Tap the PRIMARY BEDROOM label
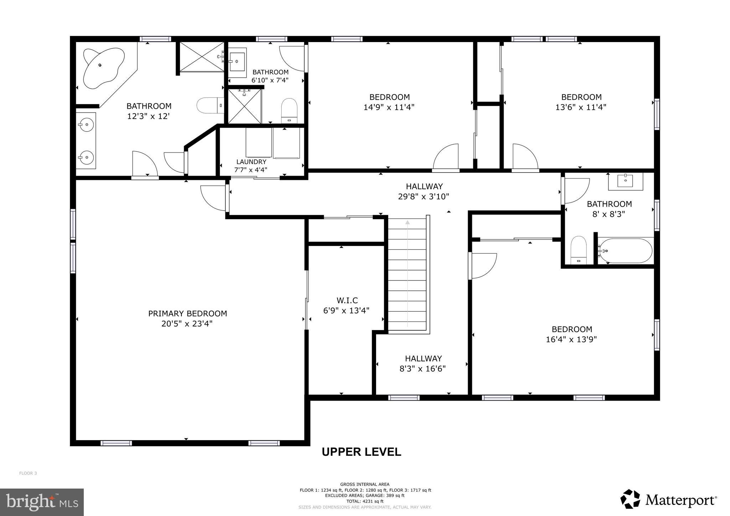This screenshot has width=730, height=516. point(187,314)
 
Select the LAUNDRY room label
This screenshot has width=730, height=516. point(251,162)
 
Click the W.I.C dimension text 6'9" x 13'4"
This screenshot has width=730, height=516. point(346,310)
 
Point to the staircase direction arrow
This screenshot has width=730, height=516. point(407,222)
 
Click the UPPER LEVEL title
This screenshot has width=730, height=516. point(361,452)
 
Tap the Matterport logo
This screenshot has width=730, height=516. point(668,500)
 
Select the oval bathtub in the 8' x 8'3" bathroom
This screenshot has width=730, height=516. point(626,251)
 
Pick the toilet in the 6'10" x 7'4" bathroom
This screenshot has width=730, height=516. point(289,110)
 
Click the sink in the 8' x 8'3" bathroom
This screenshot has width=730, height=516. point(626,181)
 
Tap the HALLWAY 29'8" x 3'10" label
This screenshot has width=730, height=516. point(424,186)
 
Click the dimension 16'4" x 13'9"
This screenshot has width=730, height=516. point(571,339)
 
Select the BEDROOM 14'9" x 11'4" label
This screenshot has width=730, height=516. point(389,97)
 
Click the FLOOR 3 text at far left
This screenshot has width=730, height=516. point(28,473)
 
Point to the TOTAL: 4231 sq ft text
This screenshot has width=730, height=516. point(365,501)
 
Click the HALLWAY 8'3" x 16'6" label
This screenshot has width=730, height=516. point(423,358)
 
